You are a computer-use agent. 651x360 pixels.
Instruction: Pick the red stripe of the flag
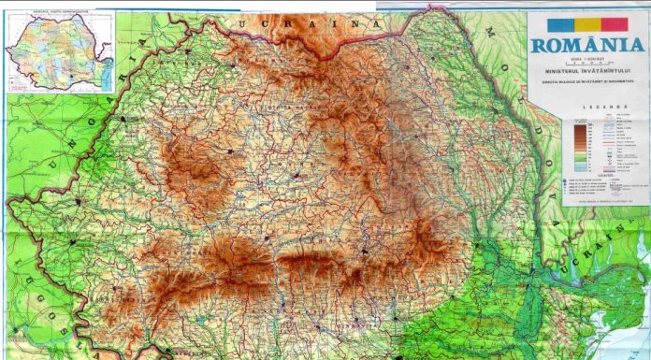[x=614, y=24]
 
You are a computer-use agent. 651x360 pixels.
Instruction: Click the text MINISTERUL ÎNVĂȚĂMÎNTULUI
[x=586, y=71]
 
